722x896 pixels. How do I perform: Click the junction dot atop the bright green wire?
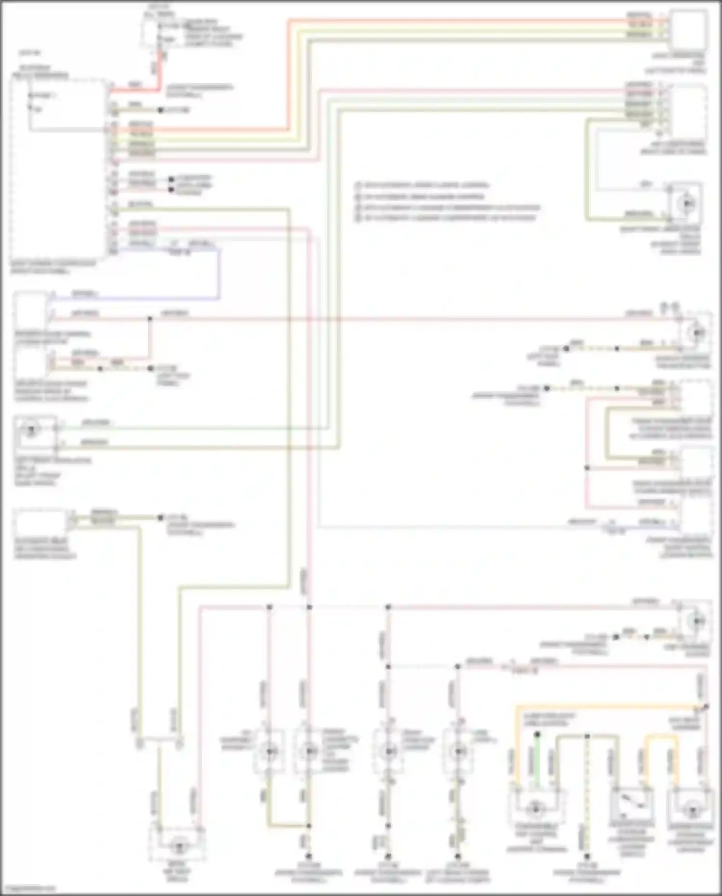pyautogui.click(x=537, y=735)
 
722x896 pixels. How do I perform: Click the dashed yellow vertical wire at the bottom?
pyautogui.click(x=587, y=794)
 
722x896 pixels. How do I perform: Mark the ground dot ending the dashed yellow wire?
pyautogui.click(x=587, y=857)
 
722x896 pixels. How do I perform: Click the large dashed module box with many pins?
pyautogui.click(x=58, y=169)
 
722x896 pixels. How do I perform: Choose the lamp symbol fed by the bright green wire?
pyautogui.click(x=535, y=809)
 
